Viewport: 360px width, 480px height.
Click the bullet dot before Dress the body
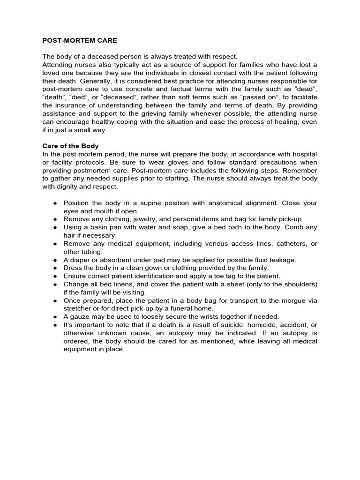(x=55, y=268)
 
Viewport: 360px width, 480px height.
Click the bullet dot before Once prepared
(x=55, y=300)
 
